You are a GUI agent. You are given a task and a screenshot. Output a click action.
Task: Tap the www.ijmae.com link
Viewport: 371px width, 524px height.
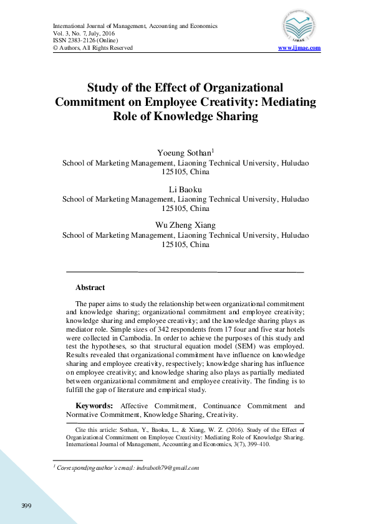[299, 48]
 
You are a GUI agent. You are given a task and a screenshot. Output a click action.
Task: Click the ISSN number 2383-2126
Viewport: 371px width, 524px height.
[79, 40]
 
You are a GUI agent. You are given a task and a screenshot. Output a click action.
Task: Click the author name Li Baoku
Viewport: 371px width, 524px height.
[185, 189]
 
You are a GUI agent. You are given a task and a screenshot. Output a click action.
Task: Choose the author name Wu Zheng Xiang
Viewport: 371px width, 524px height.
[185, 225]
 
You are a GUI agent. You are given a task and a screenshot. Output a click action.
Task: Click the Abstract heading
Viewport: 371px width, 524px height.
[90, 288]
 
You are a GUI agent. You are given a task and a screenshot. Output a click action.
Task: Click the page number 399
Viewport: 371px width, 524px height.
[26, 504]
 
